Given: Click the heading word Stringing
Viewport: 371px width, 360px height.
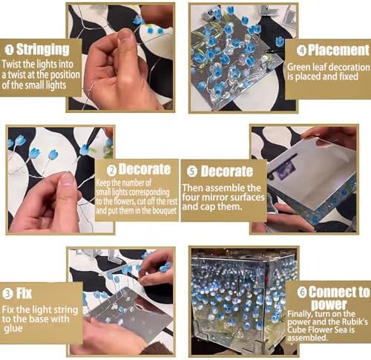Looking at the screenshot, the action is point(43,50).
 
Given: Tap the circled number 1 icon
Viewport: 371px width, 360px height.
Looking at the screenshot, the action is point(10,50).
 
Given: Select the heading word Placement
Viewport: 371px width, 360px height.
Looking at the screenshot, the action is point(338,50).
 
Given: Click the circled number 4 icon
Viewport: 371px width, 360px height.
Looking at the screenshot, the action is point(301,50).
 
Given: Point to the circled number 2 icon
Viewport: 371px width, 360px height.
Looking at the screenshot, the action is point(112,171).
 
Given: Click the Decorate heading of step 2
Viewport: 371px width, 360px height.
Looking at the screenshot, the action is point(145,169).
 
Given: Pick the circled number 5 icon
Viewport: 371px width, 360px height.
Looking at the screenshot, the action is point(192,171).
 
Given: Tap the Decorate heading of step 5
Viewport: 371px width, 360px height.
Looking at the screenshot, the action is point(227,171).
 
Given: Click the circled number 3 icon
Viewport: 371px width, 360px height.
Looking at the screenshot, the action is point(7,294).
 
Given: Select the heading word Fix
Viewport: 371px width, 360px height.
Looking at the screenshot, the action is point(24,293).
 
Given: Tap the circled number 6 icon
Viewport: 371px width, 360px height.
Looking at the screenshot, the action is point(302,292).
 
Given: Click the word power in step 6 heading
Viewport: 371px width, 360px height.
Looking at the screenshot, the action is point(329,304).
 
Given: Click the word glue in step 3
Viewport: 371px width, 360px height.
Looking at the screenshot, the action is point(13,329).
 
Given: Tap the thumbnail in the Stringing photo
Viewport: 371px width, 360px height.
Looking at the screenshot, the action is point(120,57).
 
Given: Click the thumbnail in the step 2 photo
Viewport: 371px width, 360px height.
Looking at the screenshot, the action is point(60,180).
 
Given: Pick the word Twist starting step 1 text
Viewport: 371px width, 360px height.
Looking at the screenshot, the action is point(11,64).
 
